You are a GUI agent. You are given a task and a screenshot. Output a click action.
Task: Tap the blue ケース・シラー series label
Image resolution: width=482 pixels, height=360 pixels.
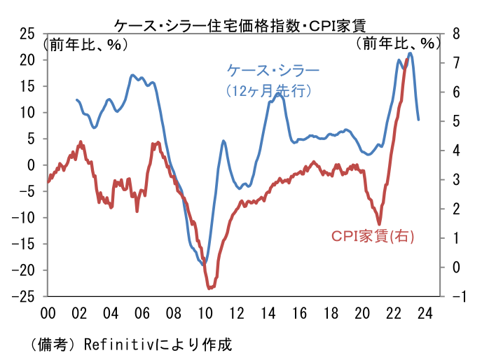273,71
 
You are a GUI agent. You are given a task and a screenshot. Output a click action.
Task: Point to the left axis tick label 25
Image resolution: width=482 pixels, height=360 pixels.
27,34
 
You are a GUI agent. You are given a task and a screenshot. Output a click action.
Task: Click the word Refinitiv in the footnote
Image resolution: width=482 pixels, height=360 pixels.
114,345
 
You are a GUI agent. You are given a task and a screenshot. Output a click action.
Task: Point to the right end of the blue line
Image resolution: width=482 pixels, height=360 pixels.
418,119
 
